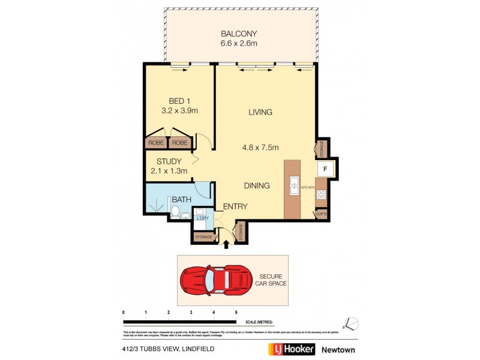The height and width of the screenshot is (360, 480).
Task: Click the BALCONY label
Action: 239,34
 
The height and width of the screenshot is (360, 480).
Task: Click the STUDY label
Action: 169,161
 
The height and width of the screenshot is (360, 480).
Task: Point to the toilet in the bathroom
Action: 175,211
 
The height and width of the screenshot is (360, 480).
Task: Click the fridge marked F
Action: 325,169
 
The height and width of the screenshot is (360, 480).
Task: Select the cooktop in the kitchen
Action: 321,194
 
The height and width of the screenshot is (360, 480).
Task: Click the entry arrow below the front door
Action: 226,244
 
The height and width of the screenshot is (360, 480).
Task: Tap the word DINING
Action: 256,186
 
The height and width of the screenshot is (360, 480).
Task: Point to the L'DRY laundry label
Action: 202,218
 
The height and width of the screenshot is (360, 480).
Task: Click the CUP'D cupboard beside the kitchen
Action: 320,214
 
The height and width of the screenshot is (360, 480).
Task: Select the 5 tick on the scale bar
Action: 236,313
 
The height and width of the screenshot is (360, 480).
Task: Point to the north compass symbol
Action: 352,323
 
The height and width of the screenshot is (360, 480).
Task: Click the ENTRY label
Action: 235,206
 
